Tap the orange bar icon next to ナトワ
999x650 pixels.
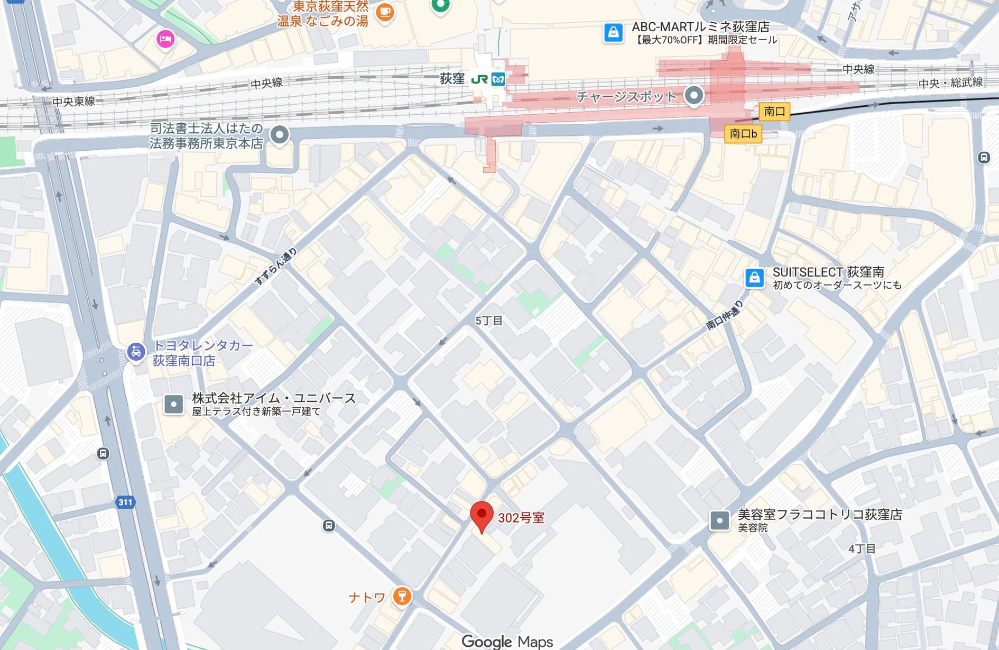[402, 596]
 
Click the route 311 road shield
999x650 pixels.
[125, 502]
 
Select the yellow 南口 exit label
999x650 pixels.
[774, 111]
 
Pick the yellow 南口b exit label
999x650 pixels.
[743, 134]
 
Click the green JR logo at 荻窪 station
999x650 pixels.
[479, 79]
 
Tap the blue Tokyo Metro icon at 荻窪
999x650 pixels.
[498, 79]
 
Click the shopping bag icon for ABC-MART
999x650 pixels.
[613, 33]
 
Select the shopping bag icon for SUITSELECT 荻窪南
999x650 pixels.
[754, 278]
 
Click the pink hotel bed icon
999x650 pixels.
[165, 39]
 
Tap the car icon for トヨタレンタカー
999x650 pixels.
[136, 352]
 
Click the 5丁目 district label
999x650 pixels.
[488, 321]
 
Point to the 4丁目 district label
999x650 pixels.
[862, 548]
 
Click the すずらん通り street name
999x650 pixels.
[275, 266]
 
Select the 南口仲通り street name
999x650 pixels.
[725, 315]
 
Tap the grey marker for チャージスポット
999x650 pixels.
[693, 96]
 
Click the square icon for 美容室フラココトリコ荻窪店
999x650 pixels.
[719, 520]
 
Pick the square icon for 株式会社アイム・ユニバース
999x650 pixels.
[173, 404]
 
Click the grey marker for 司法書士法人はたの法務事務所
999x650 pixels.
[280, 134]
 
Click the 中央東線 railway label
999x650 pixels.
[73, 102]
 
